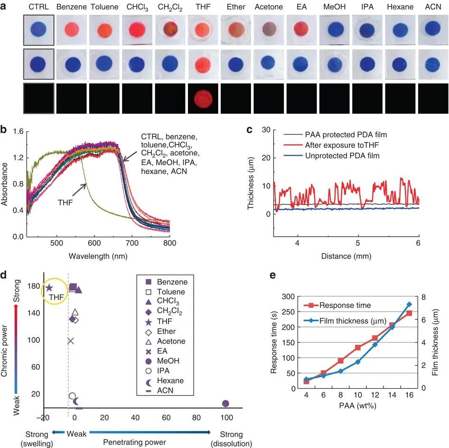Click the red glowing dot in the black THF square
(203, 99)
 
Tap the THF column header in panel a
(203, 7)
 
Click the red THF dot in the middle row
(203, 65)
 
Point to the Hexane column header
(400, 7)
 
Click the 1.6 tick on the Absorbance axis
(18, 132)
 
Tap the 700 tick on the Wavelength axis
(132, 243)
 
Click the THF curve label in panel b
(65, 203)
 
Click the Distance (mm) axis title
(346, 256)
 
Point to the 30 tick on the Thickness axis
(266, 130)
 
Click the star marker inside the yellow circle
(49, 288)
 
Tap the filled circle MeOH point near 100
(225, 403)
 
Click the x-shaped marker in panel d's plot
(70, 341)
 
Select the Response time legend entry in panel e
(337, 305)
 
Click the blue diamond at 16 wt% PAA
(409, 305)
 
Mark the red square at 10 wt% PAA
(358, 347)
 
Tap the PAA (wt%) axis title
(358, 406)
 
